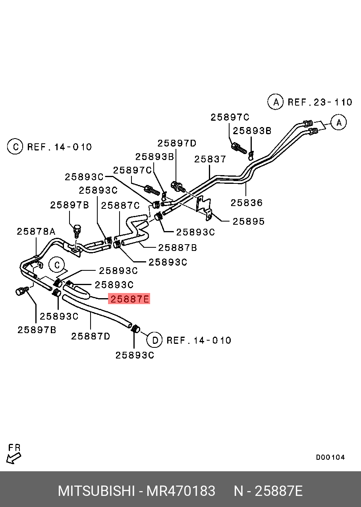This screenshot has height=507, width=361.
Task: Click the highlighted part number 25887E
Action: click(129, 299)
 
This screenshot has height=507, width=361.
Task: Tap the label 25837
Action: click(210, 159)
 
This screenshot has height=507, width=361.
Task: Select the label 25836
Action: click(247, 202)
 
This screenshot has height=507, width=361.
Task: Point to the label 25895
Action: click(248, 221)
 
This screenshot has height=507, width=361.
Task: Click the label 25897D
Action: click(177, 143)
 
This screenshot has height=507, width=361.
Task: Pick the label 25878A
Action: click(36, 231)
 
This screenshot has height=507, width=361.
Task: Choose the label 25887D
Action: click(91, 336)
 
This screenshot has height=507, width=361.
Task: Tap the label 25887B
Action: click(178, 248)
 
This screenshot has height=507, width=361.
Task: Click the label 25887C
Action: click(120, 205)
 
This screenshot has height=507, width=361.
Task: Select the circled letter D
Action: click(154, 340)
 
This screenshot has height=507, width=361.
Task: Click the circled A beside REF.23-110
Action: click(275, 102)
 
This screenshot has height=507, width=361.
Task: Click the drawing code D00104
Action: click(330, 457)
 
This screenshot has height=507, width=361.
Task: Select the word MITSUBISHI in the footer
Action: click(96, 491)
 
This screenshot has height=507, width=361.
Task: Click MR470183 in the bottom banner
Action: click(181, 491)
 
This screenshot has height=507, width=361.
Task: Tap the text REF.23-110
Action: click(320, 102)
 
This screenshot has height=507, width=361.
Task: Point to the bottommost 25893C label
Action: click(135, 355)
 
